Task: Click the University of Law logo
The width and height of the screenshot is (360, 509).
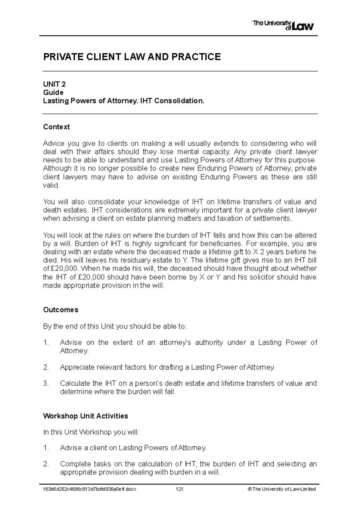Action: (283, 25)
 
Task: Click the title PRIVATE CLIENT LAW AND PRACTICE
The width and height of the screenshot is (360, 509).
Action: (132, 57)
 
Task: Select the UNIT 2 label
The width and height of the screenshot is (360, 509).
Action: (54, 84)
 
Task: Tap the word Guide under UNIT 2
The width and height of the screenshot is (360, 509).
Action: (53, 92)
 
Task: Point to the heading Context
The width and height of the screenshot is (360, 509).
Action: (56, 127)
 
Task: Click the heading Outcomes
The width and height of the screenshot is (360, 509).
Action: (61, 310)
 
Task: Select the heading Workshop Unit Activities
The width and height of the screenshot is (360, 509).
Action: (85, 416)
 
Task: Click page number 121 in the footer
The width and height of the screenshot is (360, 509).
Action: (179, 489)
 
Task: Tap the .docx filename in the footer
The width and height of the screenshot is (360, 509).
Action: (90, 489)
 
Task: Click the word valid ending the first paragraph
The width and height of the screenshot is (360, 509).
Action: (51, 185)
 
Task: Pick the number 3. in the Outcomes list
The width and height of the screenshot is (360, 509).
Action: (46, 383)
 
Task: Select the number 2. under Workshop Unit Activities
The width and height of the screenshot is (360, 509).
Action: (46, 464)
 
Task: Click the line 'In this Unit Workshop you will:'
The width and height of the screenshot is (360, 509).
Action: (91, 432)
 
